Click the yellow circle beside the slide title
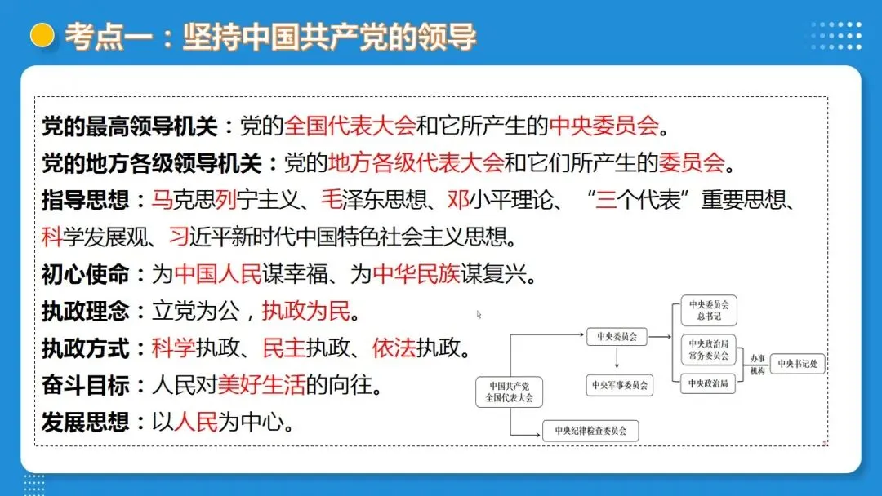pos(42,35)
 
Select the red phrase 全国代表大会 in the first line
pos(350,126)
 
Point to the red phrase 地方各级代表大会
pos(416,162)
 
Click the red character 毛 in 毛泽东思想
pos(332,200)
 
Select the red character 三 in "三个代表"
pos(606,200)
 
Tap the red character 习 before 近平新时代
pos(179,237)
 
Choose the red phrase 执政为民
pos(305,311)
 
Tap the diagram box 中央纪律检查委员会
pos(590,430)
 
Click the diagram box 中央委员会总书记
pos(708,311)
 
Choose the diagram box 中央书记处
pos(797,364)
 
